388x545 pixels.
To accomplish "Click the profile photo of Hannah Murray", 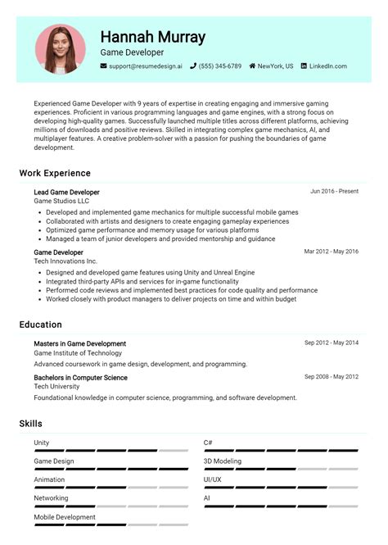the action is [60, 49].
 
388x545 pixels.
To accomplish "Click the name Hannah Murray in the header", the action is [152, 37].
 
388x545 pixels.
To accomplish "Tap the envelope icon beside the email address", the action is [104, 66].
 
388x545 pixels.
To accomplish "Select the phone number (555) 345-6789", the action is [219, 66].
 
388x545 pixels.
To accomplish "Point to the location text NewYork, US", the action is [275, 66].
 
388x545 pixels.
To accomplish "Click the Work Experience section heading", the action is [55, 173].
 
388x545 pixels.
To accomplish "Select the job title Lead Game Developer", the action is [66, 192].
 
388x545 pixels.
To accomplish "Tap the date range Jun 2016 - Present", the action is [334, 192].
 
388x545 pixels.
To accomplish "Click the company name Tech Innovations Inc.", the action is [65, 261].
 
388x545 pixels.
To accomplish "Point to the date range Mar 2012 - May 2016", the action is [331, 252].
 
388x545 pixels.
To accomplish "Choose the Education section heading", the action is [41, 325].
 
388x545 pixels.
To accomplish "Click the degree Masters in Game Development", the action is [79, 343].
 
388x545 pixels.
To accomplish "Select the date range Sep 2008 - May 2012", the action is [331, 377].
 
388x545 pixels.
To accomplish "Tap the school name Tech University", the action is [57, 387].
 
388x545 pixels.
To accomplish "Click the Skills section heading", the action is [31, 424].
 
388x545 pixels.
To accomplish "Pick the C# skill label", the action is [208, 443].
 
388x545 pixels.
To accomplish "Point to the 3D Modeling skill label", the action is [223, 461].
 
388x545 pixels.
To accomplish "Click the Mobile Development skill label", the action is [65, 517].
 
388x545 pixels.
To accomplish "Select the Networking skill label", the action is [51, 498].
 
